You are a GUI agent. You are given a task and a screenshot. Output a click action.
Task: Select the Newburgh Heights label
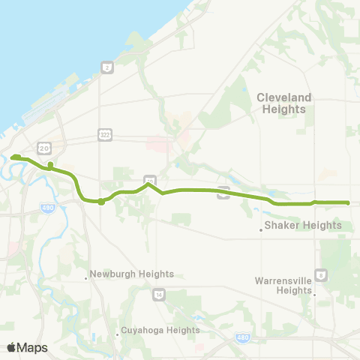pos(132,274)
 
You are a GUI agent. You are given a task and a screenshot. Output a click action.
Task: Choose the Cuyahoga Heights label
pos(161,330)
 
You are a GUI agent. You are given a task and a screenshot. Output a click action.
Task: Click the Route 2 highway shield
pos(108,67)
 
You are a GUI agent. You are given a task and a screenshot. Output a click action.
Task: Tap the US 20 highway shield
pos(45,148)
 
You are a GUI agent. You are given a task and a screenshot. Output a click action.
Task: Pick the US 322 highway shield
pos(104,134)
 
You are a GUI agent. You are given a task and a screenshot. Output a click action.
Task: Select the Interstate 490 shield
pos(48,208)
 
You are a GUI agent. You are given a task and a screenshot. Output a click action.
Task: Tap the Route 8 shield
pos(320,275)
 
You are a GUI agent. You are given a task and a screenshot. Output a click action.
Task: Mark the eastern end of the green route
pos(348,202)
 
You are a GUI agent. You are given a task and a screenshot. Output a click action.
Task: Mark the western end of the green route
pos(13,157)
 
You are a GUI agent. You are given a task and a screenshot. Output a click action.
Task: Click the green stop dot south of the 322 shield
pos(101,201)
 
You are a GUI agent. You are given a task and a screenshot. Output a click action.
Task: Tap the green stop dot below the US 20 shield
pos(50,164)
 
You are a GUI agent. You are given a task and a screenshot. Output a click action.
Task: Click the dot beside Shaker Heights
pos(261,229)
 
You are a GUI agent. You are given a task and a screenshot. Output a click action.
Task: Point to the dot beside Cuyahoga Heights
pos(118,334)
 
